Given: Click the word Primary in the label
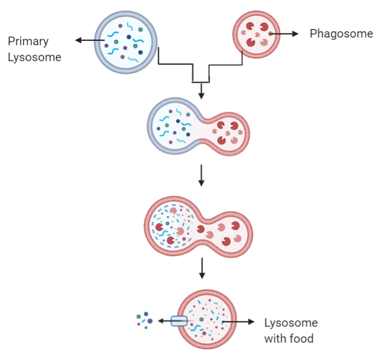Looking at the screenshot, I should pos(28,42).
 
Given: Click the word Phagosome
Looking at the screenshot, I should pos(341,34).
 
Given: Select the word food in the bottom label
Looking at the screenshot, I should pos(301,339).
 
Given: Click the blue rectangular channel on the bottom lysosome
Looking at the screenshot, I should pos(179,321).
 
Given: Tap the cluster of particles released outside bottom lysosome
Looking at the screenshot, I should pos(144,320).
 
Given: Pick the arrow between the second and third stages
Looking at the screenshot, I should pos(201,177).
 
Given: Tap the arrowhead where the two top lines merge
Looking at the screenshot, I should pos(201,92).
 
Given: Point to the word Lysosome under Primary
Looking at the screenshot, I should pos(34,57).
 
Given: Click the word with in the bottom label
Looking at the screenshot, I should pos(276,339).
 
